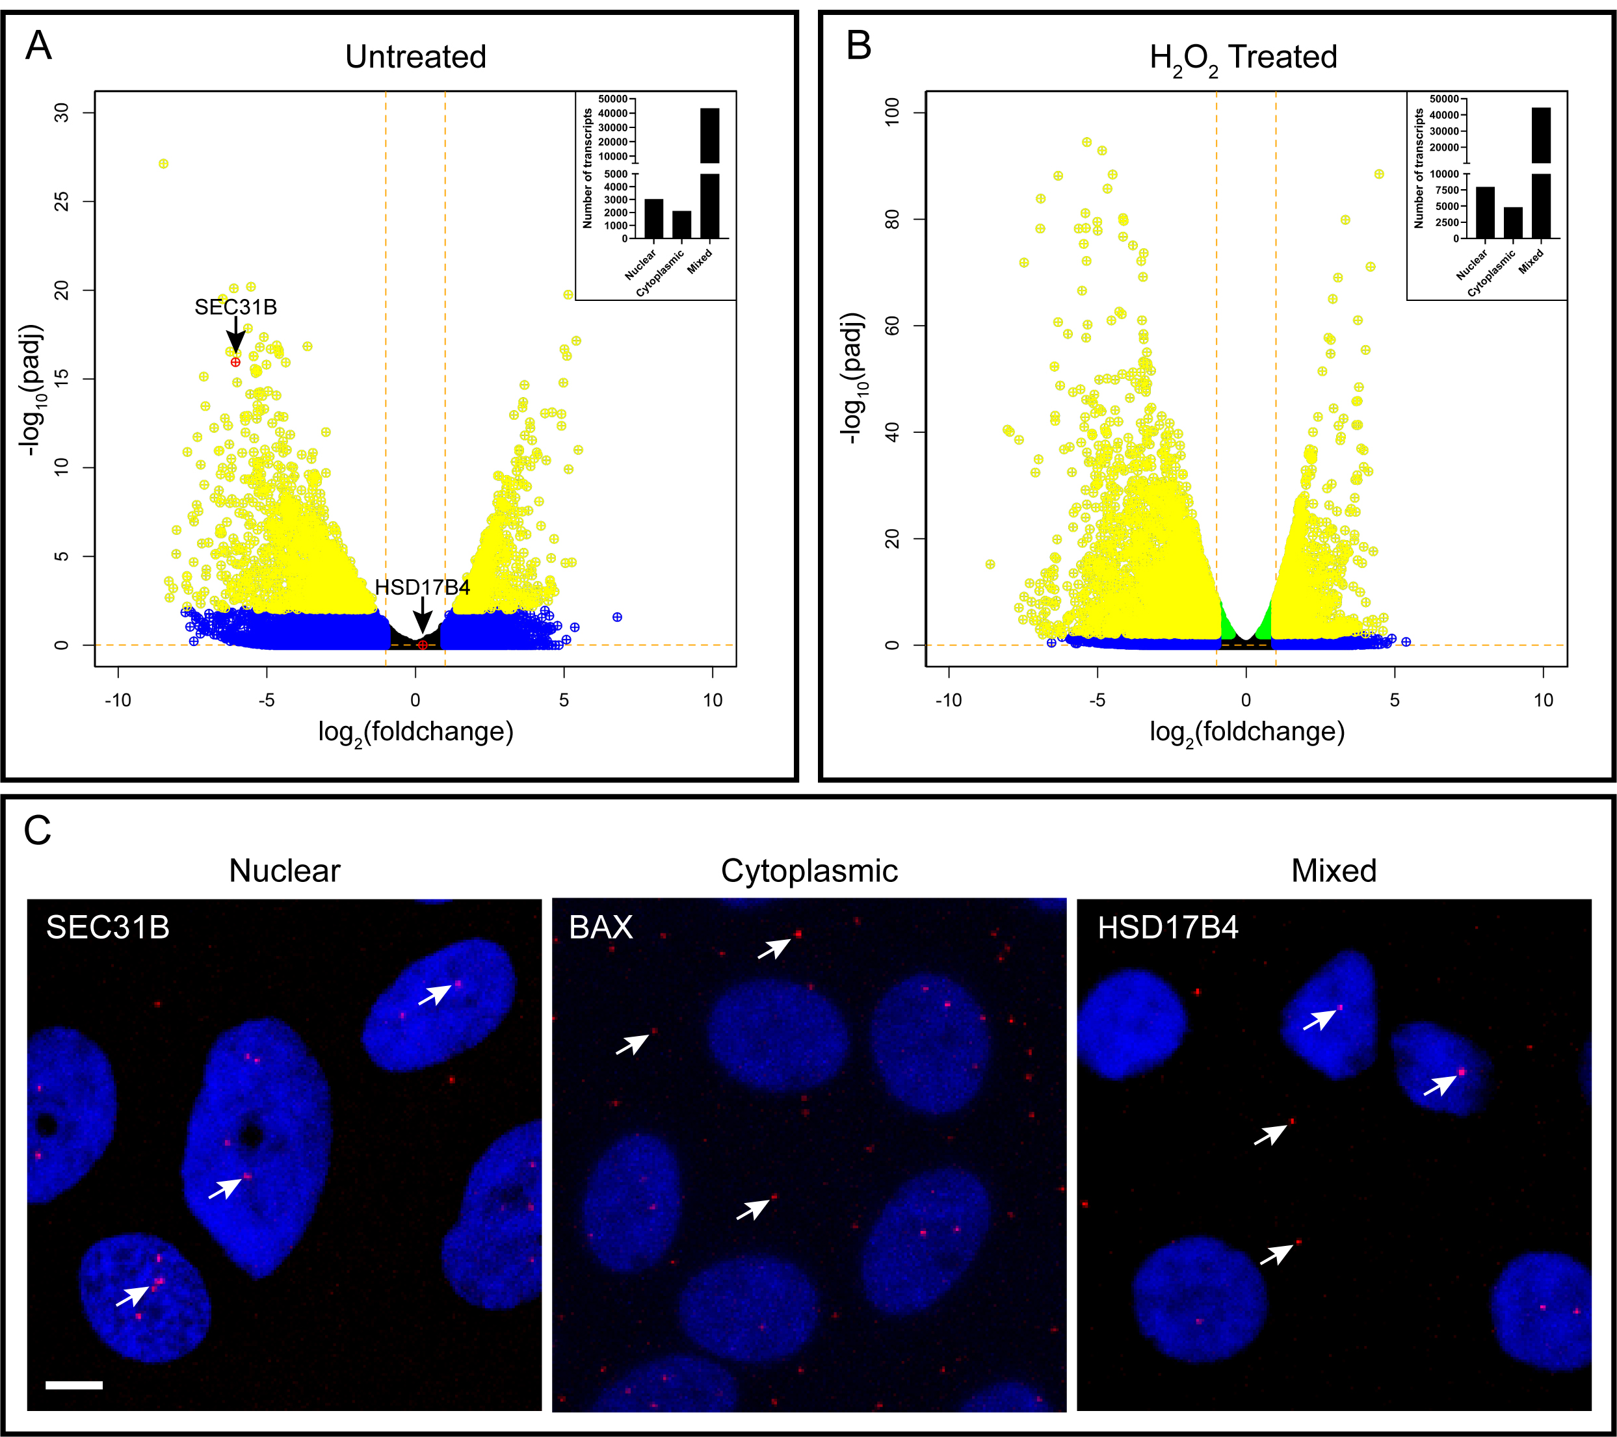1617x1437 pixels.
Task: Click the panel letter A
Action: pyautogui.click(x=38, y=46)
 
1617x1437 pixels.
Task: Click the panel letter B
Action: pyautogui.click(x=858, y=46)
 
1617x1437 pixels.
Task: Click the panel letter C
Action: pyautogui.click(x=37, y=831)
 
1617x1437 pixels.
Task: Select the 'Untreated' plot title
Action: pyautogui.click(x=415, y=57)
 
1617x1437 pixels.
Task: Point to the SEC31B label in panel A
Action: pyautogui.click(x=236, y=307)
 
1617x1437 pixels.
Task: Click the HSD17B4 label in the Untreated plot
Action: pyautogui.click(x=422, y=587)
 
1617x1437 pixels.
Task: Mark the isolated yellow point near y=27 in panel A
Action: pyautogui.click(x=164, y=164)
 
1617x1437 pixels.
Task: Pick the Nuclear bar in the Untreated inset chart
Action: pyautogui.click(x=653, y=218)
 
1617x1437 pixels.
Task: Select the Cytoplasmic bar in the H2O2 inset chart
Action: pyautogui.click(x=1512, y=222)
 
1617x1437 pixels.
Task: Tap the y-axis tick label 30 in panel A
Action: pyautogui.click(x=62, y=113)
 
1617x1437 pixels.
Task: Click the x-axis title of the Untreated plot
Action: pyautogui.click(x=415, y=732)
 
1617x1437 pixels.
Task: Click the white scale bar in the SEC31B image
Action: pyautogui.click(x=74, y=1385)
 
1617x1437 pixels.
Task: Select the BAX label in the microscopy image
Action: pyautogui.click(x=601, y=927)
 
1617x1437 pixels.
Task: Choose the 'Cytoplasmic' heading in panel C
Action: pyautogui.click(x=809, y=871)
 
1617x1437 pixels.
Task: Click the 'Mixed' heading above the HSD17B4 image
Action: pyautogui.click(x=1333, y=871)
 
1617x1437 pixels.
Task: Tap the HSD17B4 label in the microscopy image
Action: pyautogui.click(x=1168, y=927)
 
